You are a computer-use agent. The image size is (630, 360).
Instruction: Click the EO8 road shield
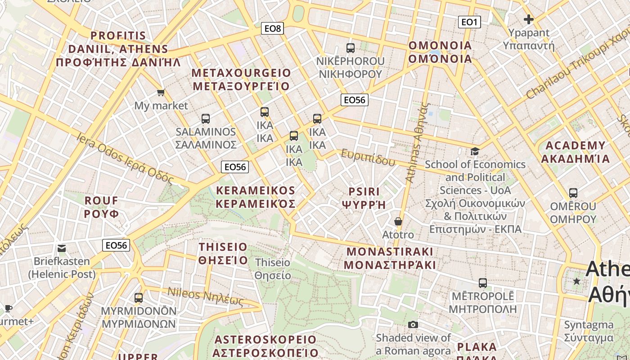pyautogui.click(x=272, y=29)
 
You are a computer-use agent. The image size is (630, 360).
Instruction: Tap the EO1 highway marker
pyautogui.click(x=469, y=22)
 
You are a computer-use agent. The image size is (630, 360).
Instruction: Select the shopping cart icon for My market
pyautogui.click(x=161, y=93)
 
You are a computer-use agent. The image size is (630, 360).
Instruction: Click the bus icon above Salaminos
pyautogui.click(x=206, y=119)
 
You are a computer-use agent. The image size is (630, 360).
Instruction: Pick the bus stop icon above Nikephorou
pyautogui.click(x=350, y=48)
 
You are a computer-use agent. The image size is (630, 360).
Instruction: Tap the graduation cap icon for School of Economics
pyautogui.click(x=475, y=151)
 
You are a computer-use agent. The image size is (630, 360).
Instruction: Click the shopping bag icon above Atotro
pyautogui.click(x=398, y=221)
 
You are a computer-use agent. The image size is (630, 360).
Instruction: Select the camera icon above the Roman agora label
pyautogui.click(x=413, y=324)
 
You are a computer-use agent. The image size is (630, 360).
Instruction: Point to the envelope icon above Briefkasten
pyautogui.click(x=62, y=248)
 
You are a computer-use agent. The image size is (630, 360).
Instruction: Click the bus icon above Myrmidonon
pyautogui.click(x=138, y=298)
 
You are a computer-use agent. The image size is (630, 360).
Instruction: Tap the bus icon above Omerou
pyautogui.click(x=573, y=193)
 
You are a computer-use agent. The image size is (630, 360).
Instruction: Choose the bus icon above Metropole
pyautogui.click(x=482, y=283)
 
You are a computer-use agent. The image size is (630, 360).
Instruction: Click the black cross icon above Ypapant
pyautogui.click(x=529, y=19)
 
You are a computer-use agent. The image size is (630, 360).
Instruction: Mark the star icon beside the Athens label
pyautogui.click(x=576, y=281)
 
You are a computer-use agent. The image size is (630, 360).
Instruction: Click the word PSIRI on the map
pyautogui.click(x=364, y=192)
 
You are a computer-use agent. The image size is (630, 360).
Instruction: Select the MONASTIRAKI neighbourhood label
pyautogui.click(x=390, y=252)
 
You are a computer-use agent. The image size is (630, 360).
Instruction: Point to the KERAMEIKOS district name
pyautogui.click(x=256, y=191)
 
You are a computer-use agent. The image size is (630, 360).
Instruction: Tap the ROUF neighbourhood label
pyautogui.click(x=102, y=201)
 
